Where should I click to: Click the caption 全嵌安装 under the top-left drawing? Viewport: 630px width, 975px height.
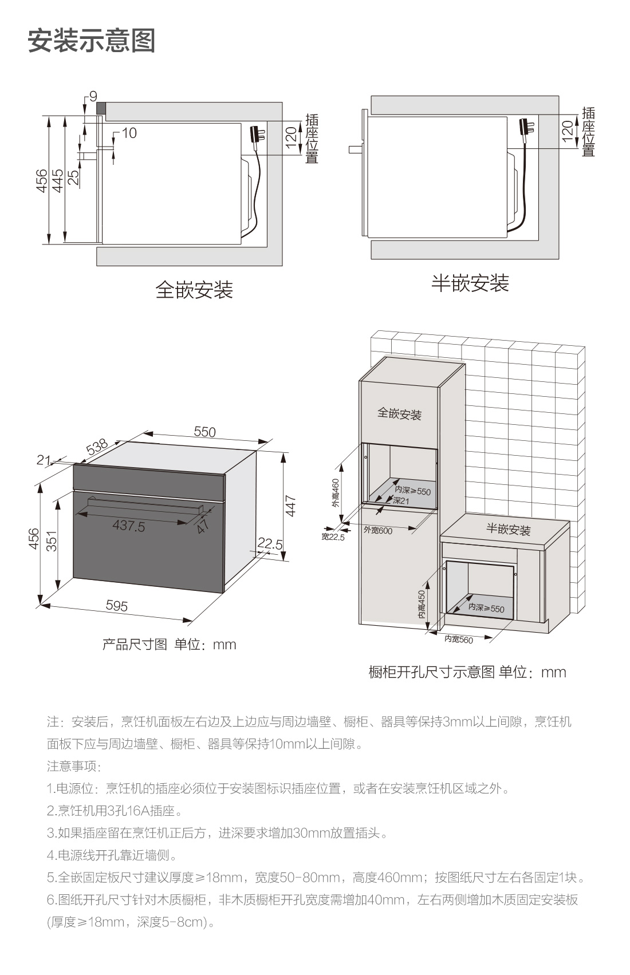[x=194, y=290]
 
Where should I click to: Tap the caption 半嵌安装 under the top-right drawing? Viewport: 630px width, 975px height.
[x=470, y=283]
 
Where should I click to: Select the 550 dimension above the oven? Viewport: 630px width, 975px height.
[x=204, y=432]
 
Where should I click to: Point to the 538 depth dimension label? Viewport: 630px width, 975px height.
[x=97, y=447]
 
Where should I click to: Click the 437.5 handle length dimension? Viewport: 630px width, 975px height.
[x=129, y=526]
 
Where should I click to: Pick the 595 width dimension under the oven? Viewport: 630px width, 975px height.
[x=117, y=605]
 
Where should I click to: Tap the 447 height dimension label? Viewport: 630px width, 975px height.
[x=291, y=506]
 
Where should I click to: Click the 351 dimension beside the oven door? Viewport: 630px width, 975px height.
[x=52, y=540]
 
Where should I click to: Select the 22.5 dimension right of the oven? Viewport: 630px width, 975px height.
[x=270, y=543]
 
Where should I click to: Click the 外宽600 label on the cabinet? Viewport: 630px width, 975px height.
[x=378, y=531]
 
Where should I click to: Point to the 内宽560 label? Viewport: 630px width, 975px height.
[x=459, y=639]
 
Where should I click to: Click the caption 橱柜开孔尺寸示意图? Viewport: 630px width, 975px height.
[x=431, y=672]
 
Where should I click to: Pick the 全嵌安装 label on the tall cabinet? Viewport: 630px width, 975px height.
[x=399, y=413]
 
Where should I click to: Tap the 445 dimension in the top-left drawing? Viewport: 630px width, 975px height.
[x=57, y=180]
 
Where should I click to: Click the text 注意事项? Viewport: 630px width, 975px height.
[x=73, y=765]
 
